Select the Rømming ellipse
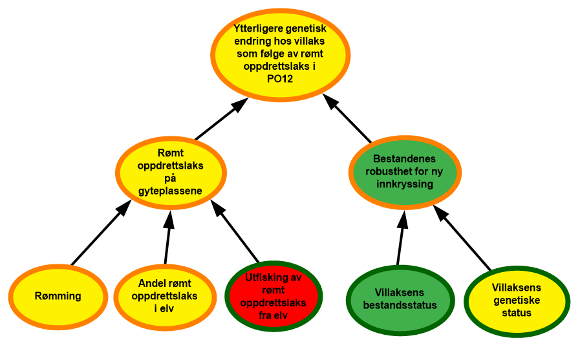point(58,296)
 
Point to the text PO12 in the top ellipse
point(280,78)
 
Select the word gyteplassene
point(171,191)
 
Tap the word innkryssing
point(405,184)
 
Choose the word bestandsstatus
point(400,305)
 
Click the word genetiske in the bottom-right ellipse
point(517,300)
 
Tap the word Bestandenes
point(405,159)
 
